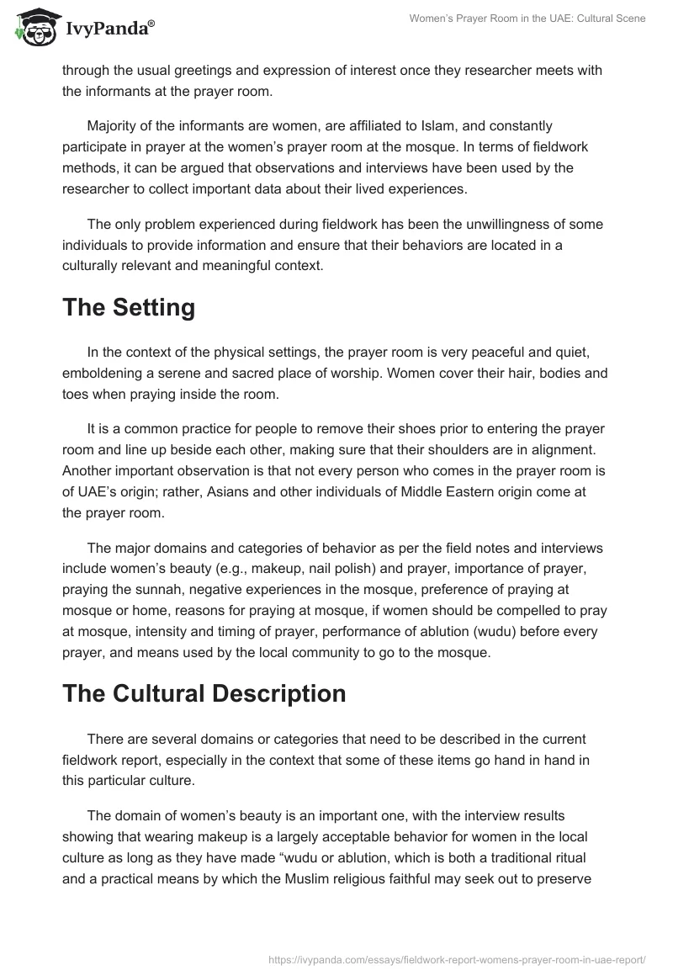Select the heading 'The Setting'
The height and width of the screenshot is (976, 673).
[129, 307]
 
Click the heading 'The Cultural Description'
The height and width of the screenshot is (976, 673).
[204, 693]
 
